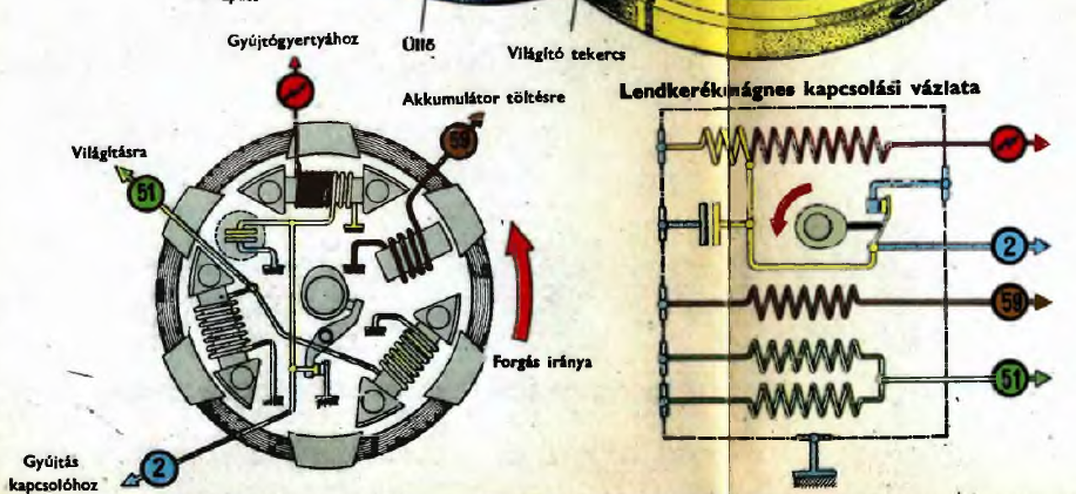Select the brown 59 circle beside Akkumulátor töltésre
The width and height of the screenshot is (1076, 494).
[x=457, y=139]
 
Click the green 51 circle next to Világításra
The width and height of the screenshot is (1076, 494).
[x=145, y=191]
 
